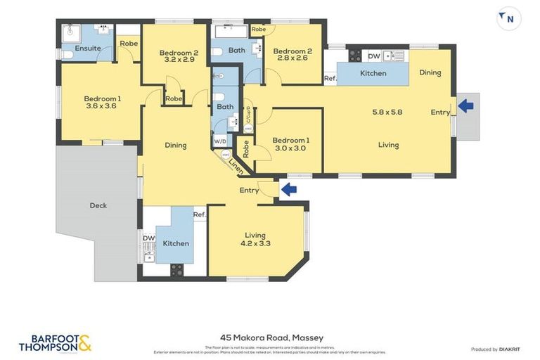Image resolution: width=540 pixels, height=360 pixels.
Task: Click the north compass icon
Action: point(508,19)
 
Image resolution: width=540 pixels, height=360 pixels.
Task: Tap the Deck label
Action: point(98,206)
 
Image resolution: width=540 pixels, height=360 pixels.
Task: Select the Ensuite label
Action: point(88,49)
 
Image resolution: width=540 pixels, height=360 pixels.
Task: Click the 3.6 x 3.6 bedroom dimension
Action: point(101,106)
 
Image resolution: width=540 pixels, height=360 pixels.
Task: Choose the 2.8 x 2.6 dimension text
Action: point(291,60)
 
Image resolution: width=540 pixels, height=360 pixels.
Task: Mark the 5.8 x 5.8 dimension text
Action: point(387,112)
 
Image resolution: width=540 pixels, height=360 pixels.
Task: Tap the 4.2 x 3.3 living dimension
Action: point(257,244)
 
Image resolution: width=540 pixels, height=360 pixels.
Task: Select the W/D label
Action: point(221,141)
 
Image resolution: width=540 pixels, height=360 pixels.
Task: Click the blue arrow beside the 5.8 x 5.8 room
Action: point(465,105)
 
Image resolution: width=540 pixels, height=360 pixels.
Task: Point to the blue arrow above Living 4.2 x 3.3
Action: point(288,188)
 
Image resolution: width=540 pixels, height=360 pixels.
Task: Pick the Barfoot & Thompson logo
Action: point(55,343)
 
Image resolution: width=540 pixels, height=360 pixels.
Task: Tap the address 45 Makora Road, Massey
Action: point(270,338)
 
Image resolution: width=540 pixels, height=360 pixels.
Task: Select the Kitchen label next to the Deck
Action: point(176,243)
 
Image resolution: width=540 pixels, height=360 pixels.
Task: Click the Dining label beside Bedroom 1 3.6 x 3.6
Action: point(176,146)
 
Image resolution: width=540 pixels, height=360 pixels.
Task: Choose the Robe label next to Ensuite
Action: point(128,44)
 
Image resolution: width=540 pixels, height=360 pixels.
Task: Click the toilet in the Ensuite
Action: point(65,53)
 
